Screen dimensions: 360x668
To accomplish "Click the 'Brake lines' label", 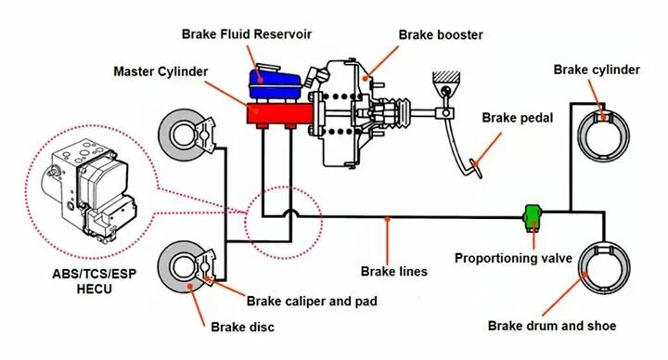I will click(393, 272).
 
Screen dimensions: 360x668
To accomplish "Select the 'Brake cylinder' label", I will click(597, 70).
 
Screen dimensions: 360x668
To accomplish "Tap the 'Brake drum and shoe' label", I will click(552, 326).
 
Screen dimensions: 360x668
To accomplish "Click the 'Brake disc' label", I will click(242, 327).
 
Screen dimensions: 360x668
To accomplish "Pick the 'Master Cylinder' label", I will click(161, 71).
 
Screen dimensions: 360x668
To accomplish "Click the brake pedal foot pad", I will click(476, 166).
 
